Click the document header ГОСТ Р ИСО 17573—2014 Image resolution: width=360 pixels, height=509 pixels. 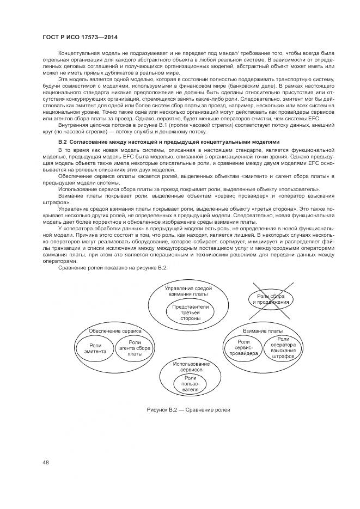point(80,37)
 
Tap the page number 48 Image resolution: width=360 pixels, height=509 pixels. point(46,463)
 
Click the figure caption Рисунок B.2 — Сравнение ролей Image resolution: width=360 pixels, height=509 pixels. point(188,409)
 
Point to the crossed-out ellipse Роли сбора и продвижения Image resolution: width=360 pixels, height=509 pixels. point(271,299)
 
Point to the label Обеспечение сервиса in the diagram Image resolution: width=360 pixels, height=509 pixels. point(111,331)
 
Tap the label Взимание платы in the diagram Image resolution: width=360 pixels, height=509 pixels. point(262,331)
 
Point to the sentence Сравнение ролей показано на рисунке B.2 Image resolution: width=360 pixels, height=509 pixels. point(112,267)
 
